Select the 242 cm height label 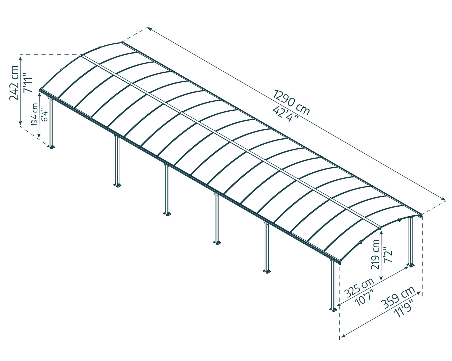(14, 83)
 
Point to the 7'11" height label (28, 83)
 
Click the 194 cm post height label (35, 115)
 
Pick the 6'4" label (44, 115)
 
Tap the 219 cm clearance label (375, 255)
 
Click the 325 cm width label (359, 288)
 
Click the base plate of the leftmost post (51, 147)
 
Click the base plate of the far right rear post (411, 265)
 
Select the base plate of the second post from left (118, 185)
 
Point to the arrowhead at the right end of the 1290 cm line (443, 199)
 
